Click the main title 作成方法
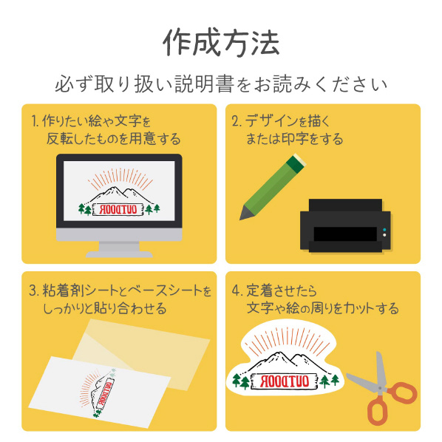[x=221, y=42]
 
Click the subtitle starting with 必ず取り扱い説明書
[x=221, y=84]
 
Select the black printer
[x=345, y=225]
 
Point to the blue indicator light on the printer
[x=384, y=230]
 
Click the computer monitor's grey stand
[x=119, y=249]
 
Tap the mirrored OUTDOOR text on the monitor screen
[x=119, y=209]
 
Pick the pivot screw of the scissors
[x=380, y=388]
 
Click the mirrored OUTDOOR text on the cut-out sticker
[x=285, y=381]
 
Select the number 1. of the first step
[x=35, y=121]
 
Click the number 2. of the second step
[x=237, y=121]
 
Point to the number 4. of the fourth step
[x=237, y=290]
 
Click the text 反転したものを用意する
[x=113, y=139]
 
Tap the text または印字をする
[x=294, y=139]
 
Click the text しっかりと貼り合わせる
[x=104, y=308]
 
